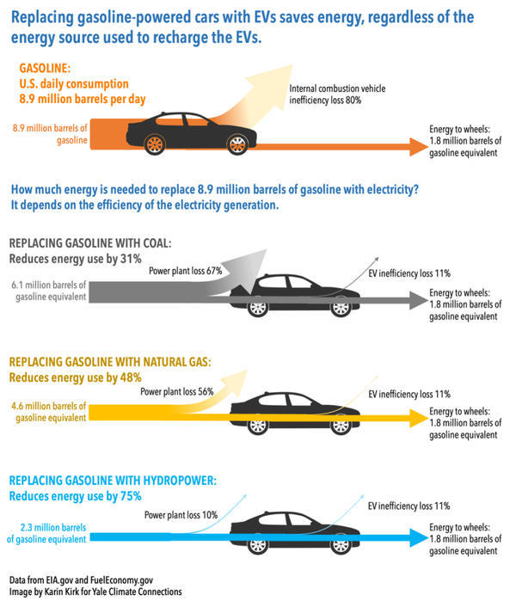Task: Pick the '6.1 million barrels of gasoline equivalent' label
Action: [50, 290]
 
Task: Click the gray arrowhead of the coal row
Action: [419, 301]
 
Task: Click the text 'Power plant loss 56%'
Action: [178, 390]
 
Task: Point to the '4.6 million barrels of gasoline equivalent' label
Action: [49, 411]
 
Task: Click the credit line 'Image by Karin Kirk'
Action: [95, 592]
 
